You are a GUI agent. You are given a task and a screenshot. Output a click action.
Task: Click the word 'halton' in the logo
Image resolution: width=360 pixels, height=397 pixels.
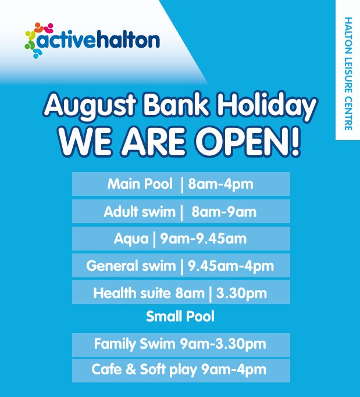tap(128, 40)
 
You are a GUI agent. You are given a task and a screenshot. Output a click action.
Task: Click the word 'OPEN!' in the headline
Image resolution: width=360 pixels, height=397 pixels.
tap(248, 142)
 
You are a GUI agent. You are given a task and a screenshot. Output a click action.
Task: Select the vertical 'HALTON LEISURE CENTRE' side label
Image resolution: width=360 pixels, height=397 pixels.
tap(348, 74)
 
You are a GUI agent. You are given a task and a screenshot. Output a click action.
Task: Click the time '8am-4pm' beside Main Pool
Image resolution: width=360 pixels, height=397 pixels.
tap(220, 184)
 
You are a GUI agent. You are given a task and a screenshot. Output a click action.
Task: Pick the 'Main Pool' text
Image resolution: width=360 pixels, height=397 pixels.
tap(140, 184)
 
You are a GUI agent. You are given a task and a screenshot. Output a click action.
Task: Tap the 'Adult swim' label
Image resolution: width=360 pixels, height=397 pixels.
tap(140, 212)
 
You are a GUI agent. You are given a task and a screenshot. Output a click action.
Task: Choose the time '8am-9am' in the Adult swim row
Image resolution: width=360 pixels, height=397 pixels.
tap(224, 212)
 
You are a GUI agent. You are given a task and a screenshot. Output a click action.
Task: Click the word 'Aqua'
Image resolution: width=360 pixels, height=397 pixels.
tap(131, 239)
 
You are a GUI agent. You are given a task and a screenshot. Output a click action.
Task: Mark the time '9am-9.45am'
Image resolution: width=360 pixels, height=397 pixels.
tap(203, 239)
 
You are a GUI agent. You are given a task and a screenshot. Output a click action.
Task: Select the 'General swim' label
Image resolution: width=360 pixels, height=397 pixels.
tap(131, 266)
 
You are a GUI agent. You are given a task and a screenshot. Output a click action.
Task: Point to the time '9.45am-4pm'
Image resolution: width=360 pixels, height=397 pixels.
tap(231, 266)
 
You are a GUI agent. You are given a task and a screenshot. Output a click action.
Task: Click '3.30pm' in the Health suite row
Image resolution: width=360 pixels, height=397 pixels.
tap(241, 294)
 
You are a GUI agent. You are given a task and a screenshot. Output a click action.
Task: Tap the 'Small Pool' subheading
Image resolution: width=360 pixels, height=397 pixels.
tap(180, 316)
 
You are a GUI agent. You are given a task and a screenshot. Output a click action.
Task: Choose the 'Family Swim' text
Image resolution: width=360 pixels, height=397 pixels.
tap(134, 344)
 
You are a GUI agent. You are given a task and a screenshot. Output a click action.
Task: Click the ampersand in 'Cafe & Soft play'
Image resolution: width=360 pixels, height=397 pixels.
tap(131, 369)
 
